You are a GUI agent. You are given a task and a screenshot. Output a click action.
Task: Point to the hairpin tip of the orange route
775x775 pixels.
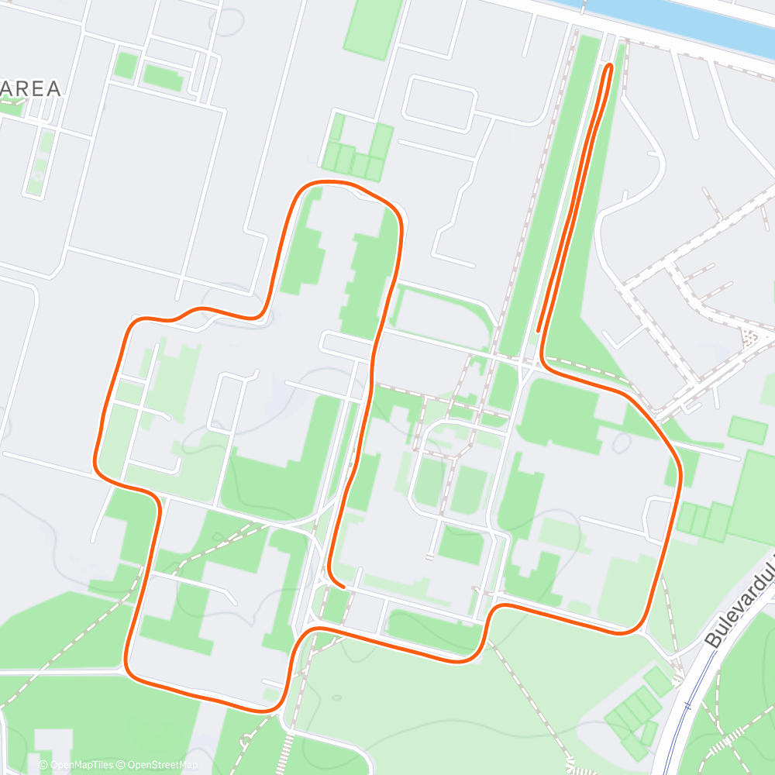tap(609, 67)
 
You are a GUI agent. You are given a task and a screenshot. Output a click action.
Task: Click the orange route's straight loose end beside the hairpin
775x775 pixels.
tap(538, 330)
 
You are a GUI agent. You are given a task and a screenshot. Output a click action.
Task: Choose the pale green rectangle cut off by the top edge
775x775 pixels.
tap(374, 27)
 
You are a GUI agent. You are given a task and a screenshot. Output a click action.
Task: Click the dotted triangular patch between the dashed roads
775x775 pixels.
tap(750, 337)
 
